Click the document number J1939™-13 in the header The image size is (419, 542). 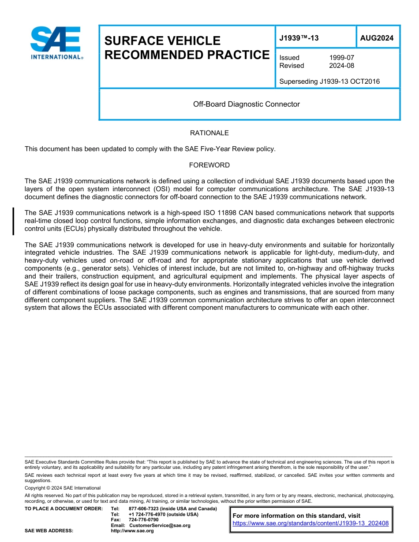click(x=299, y=38)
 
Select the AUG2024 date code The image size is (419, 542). click(x=377, y=38)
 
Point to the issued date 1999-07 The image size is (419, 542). click(x=341, y=58)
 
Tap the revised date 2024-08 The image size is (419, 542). click(x=341, y=66)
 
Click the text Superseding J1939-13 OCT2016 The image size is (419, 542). click(x=329, y=82)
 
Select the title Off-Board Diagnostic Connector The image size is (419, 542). click(x=246, y=104)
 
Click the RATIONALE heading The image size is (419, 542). click(x=209, y=133)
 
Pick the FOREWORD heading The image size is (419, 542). click(x=209, y=165)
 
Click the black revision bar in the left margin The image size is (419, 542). click(x=14, y=221)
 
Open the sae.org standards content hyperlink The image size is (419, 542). click(x=311, y=523)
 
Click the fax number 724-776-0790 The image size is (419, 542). click(x=143, y=520)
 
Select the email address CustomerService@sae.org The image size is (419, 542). click(x=160, y=526)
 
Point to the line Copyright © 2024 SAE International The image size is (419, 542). click(x=63, y=488)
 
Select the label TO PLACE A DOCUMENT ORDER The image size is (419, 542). click(x=64, y=509)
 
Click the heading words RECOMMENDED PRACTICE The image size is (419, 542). click(x=187, y=55)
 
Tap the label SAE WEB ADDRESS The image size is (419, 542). click(x=49, y=531)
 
